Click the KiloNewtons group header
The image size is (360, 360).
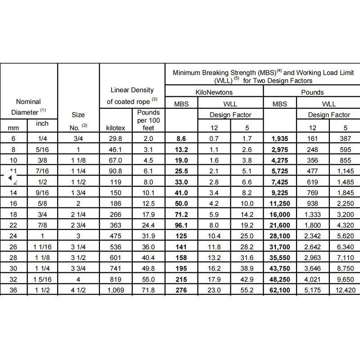tap(214, 92)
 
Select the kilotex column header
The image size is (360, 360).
tap(116, 128)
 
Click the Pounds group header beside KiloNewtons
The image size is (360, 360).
tap(312, 92)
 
